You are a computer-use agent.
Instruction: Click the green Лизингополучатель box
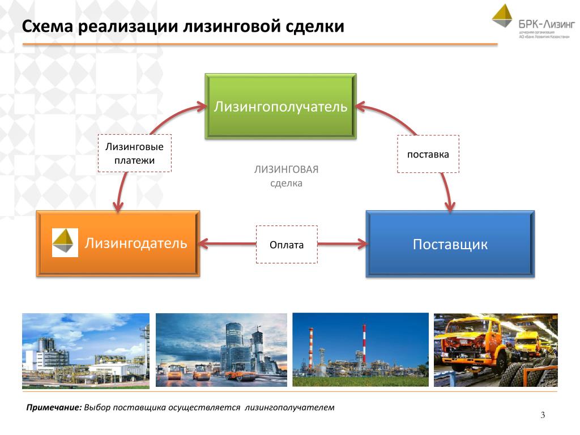pos(280,106)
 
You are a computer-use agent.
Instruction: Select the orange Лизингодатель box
pos(118,244)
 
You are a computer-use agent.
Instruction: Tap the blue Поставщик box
pos(450,245)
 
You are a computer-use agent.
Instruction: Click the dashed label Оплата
pos(287,245)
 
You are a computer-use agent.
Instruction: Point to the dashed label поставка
pos(428,154)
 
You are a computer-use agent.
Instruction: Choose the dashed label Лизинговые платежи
pos(135,153)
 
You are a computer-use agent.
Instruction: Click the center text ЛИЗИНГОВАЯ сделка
pos(286,176)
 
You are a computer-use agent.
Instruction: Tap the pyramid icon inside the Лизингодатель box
pos(65,243)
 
